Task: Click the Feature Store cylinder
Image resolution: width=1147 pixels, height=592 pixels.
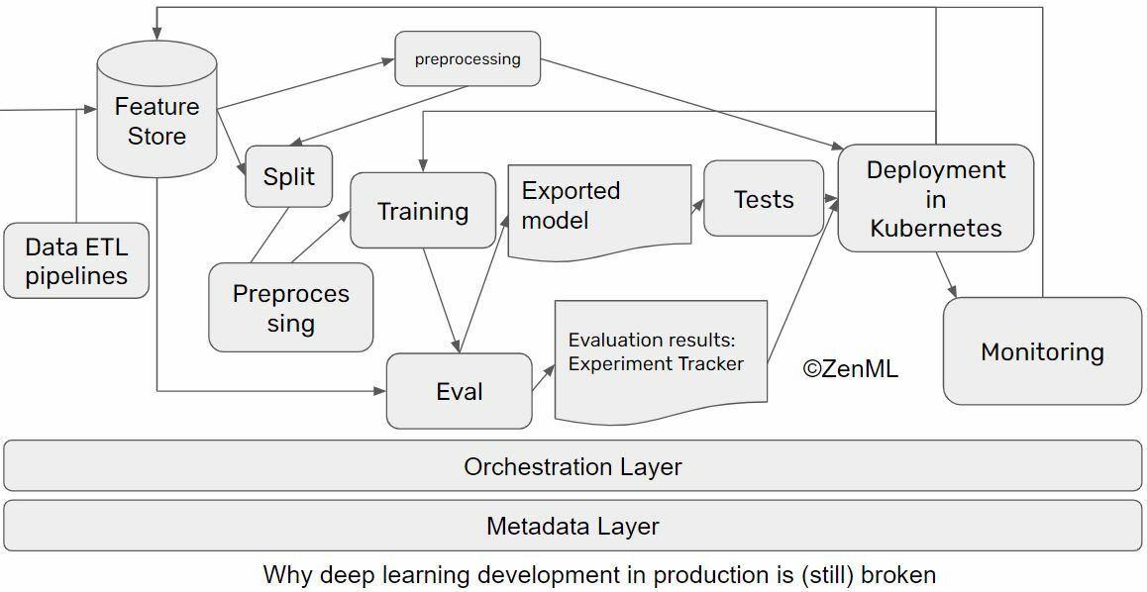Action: pyautogui.click(x=156, y=119)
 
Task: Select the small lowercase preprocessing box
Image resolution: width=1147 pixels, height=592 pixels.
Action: pyautogui.click(x=468, y=59)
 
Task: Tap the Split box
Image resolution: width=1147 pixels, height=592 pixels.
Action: pyautogui.click(x=288, y=177)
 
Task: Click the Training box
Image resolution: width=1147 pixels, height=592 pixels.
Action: pyautogui.click(x=423, y=211)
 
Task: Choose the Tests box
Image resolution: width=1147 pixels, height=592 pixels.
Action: pyautogui.click(x=763, y=199)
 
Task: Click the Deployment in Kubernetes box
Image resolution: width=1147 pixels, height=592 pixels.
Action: pyautogui.click(x=935, y=199)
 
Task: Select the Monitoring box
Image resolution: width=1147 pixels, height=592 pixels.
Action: pyautogui.click(x=1042, y=351)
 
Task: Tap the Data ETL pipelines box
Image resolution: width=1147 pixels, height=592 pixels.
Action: pyautogui.click(x=76, y=261)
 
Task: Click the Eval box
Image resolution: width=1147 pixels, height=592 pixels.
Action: pyautogui.click(x=459, y=391)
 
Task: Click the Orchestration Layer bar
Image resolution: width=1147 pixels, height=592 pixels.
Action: pyautogui.click(x=573, y=466)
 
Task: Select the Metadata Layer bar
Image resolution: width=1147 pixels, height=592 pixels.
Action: pyautogui.click(x=573, y=526)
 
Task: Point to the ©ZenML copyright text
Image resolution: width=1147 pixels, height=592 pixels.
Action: pyautogui.click(x=850, y=369)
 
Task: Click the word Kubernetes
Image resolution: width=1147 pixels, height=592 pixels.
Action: pyautogui.click(x=936, y=229)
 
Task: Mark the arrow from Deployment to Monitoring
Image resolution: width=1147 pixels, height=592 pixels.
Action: pyautogui.click(x=946, y=274)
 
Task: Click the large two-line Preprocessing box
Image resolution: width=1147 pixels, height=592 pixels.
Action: pyautogui.click(x=291, y=308)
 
